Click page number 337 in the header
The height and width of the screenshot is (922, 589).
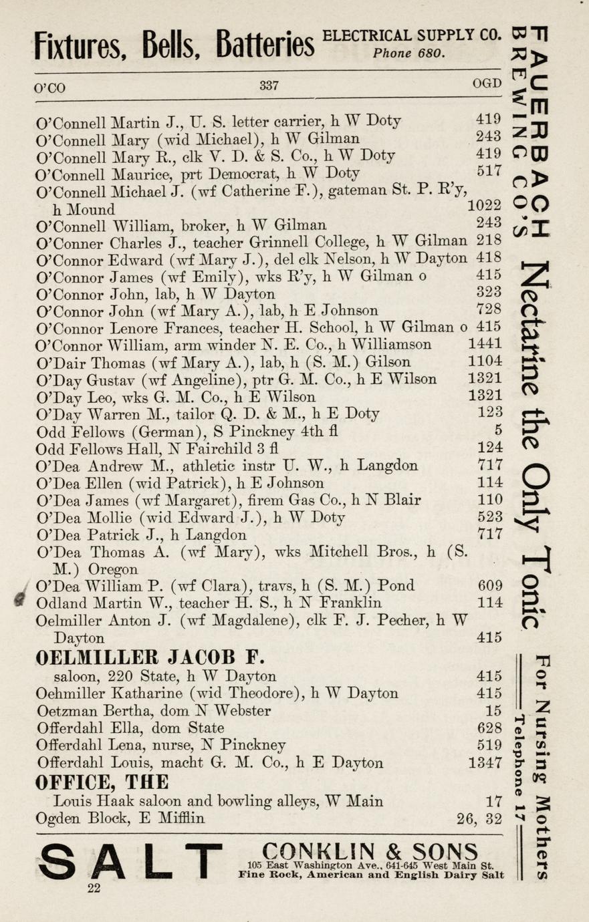[x=269, y=86]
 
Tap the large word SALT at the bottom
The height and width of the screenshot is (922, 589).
[x=130, y=861]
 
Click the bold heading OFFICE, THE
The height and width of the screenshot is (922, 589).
[x=102, y=782]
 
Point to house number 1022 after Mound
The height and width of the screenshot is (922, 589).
[x=484, y=207]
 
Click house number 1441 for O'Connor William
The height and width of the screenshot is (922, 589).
[x=485, y=345]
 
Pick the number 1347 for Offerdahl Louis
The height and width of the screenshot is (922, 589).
[x=485, y=763]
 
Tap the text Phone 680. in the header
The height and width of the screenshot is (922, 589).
[x=409, y=53]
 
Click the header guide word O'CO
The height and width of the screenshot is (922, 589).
[x=50, y=88]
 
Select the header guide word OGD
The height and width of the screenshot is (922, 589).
[x=486, y=84]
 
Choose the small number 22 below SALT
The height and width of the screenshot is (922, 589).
[x=94, y=888]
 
